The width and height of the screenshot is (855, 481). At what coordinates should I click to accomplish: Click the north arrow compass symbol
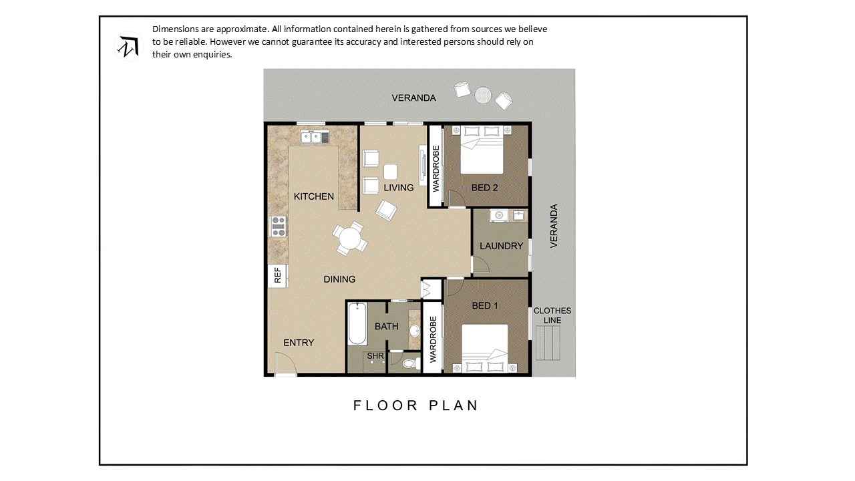(x=128, y=47)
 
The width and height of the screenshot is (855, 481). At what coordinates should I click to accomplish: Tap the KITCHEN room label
(x=314, y=196)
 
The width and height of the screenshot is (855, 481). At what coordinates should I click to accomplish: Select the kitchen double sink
(x=315, y=137)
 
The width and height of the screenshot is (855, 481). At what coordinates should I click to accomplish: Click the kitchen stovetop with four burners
(x=278, y=226)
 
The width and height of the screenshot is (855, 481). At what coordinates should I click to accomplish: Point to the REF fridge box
(x=277, y=275)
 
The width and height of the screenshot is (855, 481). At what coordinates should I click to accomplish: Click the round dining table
(x=349, y=238)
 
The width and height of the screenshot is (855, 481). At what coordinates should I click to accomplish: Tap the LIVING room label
(x=399, y=188)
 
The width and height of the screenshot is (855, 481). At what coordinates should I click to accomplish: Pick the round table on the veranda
(x=483, y=95)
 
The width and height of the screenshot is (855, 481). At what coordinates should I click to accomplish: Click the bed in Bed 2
(x=482, y=150)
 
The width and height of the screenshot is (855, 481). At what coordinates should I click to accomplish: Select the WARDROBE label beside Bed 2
(x=436, y=169)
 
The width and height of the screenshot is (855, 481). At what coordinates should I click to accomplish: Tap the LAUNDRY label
(x=501, y=247)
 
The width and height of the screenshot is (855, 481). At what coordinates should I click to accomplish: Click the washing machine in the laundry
(x=499, y=216)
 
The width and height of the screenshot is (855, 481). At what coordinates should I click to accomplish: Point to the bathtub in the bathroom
(x=357, y=324)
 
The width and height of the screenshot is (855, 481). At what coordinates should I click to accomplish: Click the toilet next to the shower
(x=411, y=363)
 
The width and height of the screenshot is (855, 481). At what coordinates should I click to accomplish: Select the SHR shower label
(x=375, y=356)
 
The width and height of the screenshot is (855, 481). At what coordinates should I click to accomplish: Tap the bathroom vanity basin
(x=414, y=331)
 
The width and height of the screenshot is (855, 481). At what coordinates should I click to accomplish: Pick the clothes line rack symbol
(x=548, y=343)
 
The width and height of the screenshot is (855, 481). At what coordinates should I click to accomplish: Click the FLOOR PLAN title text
(x=415, y=406)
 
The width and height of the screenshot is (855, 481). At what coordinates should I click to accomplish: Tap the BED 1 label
(x=485, y=306)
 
